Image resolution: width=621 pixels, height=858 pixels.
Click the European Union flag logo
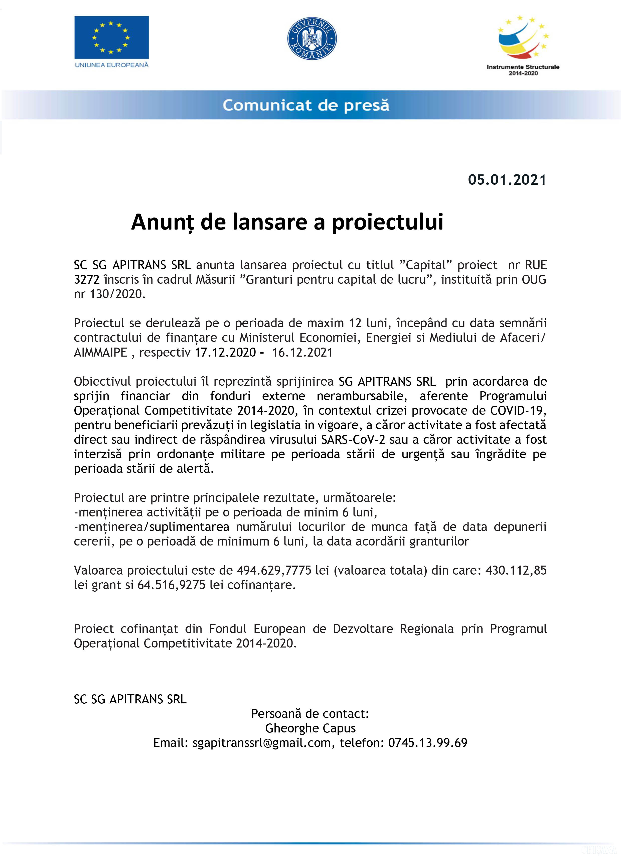coord(111,37)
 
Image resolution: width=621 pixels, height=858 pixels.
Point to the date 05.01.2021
coord(507,180)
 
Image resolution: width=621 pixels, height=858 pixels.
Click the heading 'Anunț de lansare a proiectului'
coord(287,222)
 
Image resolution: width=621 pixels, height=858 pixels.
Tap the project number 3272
coord(87,280)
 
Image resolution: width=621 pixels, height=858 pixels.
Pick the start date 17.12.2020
coord(225,352)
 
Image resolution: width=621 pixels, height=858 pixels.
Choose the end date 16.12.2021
coord(302,352)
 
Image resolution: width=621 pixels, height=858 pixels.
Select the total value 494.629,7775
coord(274,570)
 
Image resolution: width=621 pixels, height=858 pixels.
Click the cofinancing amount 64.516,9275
coord(171,585)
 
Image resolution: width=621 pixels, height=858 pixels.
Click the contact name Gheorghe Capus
coord(310,728)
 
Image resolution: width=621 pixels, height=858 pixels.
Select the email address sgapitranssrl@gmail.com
coord(261,743)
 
